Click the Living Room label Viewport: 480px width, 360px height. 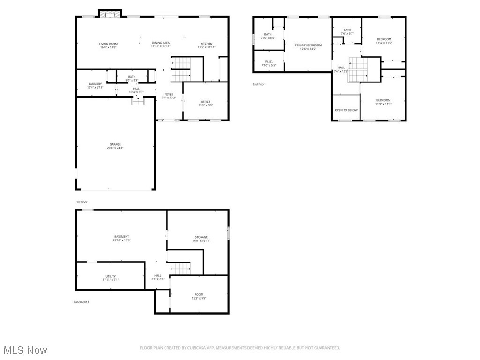pos(108,44)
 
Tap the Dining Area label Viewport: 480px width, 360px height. pos(161,43)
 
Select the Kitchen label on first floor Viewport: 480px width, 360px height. pos(207,44)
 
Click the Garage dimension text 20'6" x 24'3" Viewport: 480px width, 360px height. pos(115,148)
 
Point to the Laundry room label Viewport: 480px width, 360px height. pos(95,84)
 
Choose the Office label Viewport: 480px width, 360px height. pos(205,102)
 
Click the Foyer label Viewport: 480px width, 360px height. pos(169,95)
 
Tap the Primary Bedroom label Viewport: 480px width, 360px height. pos(308,45)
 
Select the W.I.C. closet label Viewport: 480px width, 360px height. pos(269,61)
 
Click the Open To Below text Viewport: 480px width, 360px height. pos(346,110)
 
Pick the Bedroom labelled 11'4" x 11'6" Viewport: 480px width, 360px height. pos(384,39)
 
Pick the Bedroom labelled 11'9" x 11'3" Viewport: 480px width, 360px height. pos(383,100)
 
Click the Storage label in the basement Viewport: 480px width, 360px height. pos(202,237)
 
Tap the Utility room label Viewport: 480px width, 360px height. pos(111,277)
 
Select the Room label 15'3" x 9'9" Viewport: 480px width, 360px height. pos(199,295)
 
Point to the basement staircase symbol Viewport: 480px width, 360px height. pos(180,269)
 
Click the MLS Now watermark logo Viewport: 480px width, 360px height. pos(24,350)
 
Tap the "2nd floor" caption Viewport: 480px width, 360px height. pos(259,84)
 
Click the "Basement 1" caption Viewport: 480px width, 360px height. pos(81,302)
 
